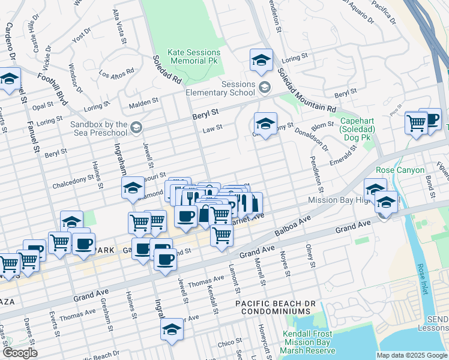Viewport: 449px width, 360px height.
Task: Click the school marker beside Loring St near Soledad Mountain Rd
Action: [x=261, y=60]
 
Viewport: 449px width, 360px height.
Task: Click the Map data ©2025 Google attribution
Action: [x=412, y=355]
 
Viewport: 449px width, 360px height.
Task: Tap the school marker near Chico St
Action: [x=172, y=330]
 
